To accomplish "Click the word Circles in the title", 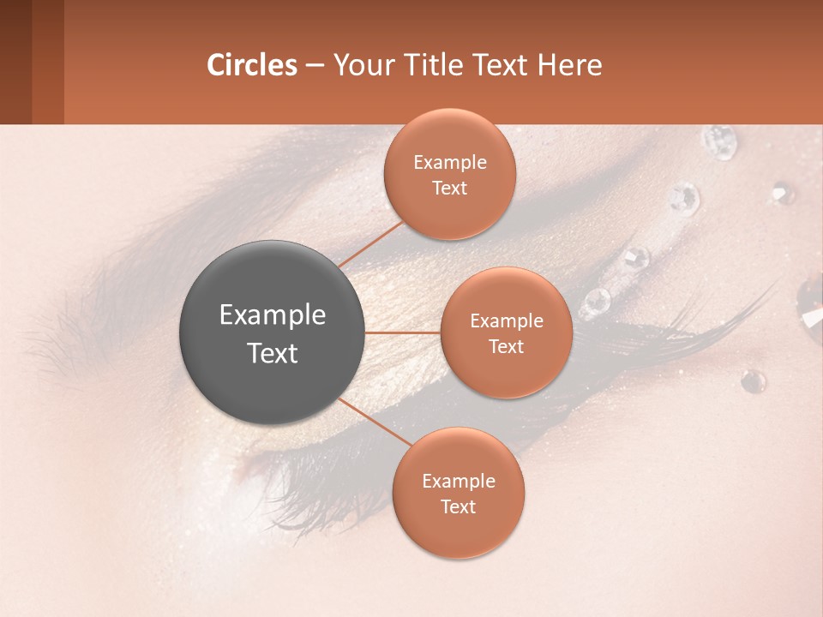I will (x=252, y=65).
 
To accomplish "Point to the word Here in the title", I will (x=569, y=65).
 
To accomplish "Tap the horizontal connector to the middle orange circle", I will (x=403, y=332).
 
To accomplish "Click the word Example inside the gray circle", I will (x=273, y=315).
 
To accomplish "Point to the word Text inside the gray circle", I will (x=273, y=353).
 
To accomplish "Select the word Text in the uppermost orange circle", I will (x=449, y=188).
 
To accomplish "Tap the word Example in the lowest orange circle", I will (x=458, y=481).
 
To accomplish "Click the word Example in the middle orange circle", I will (x=506, y=320).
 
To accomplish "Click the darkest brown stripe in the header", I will (x=15, y=62).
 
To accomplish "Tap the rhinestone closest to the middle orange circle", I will (x=594, y=302).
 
